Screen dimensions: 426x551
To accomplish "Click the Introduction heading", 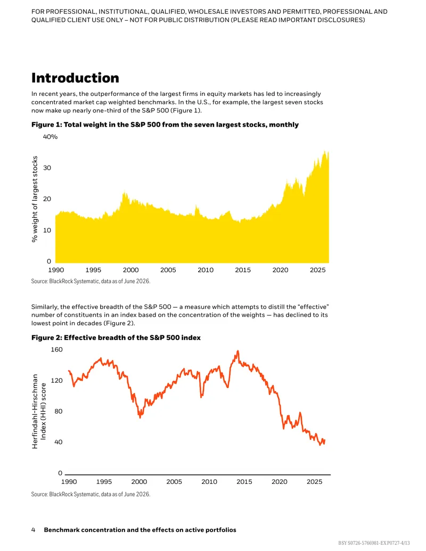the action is point(75,78).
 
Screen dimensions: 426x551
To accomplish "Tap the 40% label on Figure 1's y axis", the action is point(50,137).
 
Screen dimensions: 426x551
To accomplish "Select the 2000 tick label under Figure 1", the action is point(131,270).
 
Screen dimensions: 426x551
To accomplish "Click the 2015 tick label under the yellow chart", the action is point(243,270).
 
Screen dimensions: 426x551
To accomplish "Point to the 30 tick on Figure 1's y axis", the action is point(47,168).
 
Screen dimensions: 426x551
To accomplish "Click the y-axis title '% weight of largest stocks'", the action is point(35,199).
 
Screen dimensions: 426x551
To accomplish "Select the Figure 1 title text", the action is point(165,125).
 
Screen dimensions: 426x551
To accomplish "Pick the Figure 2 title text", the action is point(116,338).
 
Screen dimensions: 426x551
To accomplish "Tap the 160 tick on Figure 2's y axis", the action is point(56,350).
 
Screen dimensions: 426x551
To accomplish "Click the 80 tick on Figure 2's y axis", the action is point(59,411).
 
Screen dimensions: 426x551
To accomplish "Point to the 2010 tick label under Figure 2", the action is point(209,482).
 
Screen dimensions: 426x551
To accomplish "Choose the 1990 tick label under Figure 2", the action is point(69,482).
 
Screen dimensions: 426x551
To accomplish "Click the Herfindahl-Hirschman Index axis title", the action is point(39,411).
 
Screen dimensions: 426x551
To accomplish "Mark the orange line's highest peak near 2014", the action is point(238,351).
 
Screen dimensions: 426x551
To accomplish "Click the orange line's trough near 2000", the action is point(140,417).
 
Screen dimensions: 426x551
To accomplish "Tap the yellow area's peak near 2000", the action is point(124,192).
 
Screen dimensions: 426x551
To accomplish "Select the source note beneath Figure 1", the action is point(91,282).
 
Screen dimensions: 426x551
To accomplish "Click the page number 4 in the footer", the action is point(34,530).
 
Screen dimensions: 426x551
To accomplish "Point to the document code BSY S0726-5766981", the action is point(359,543).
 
